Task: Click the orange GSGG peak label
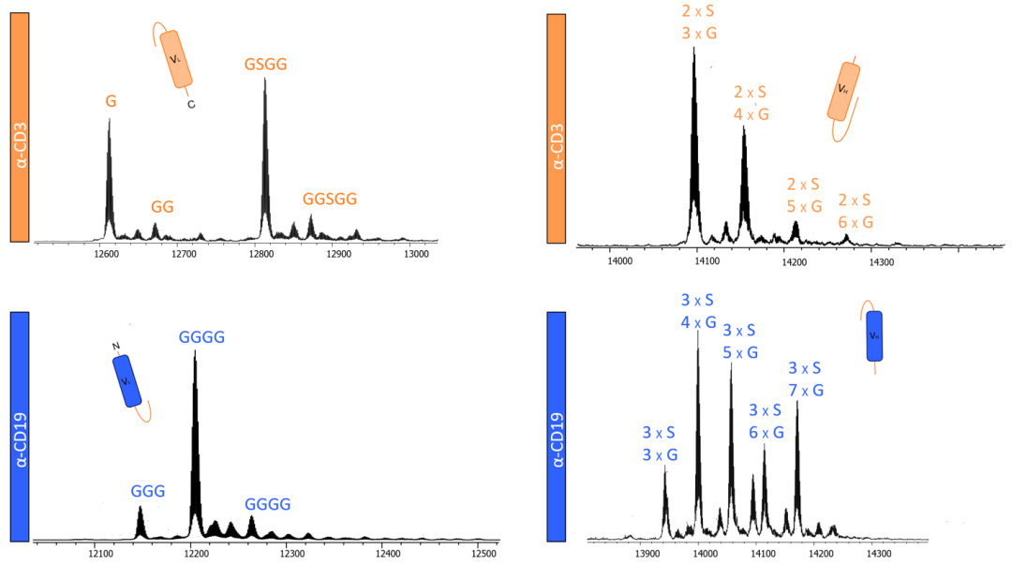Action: pyautogui.click(x=265, y=64)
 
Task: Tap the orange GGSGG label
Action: pyautogui.click(x=330, y=200)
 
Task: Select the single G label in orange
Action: pyautogui.click(x=111, y=100)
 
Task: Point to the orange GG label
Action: pyautogui.click(x=163, y=206)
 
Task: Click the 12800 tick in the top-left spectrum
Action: pyautogui.click(x=260, y=254)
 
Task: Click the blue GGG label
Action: pyautogui.click(x=148, y=491)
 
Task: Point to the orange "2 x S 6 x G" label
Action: pyautogui.click(x=855, y=211)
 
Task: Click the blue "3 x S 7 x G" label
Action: pyautogui.click(x=806, y=379)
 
